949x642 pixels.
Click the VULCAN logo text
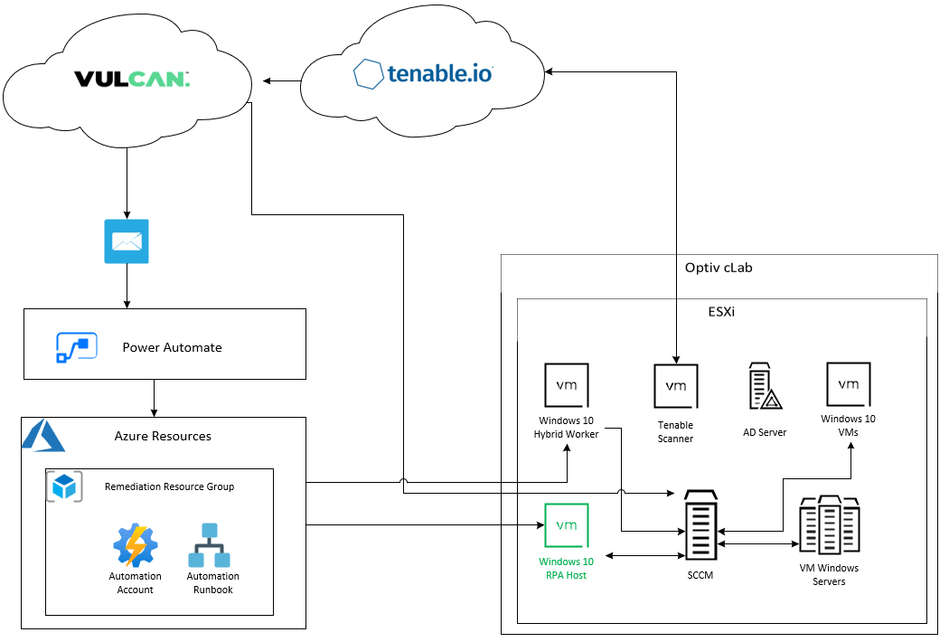[x=132, y=80]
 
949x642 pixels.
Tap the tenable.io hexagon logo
[x=368, y=73]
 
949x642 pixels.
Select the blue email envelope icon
[x=127, y=241]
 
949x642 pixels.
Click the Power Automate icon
[x=77, y=347]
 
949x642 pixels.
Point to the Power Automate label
[x=172, y=347]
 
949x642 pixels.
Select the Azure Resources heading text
[x=163, y=436]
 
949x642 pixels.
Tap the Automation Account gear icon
[x=136, y=544]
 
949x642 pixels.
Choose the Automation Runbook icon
[x=212, y=544]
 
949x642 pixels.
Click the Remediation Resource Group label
[x=169, y=486]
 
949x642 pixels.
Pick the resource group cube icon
[x=64, y=486]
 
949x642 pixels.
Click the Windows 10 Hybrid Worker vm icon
[x=567, y=385]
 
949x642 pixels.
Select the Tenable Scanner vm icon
[x=676, y=386]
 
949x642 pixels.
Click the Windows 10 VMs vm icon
[x=849, y=384]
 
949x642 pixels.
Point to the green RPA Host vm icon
[x=567, y=525]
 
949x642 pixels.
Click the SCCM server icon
[x=700, y=526]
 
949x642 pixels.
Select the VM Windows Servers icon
[x=829, y=525]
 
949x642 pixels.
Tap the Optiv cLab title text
[x=719, y=269]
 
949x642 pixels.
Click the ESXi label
[x=721, y=312]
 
